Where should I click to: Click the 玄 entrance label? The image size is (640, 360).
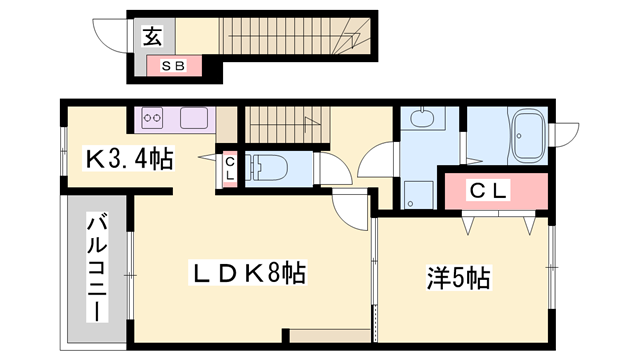(x=152, y=38)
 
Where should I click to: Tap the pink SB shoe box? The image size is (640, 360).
(x=174, y=67)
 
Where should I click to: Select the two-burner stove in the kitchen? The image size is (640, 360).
(x=153, y=118)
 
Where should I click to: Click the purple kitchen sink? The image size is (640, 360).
(x=193, y=119)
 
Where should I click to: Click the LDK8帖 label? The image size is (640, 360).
(x=248, y=272)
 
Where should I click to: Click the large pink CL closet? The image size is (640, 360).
(x=495, y=190)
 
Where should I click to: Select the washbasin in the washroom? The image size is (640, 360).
(x=420, y=122)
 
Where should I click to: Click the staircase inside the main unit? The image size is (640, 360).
(x=283, y=125)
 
